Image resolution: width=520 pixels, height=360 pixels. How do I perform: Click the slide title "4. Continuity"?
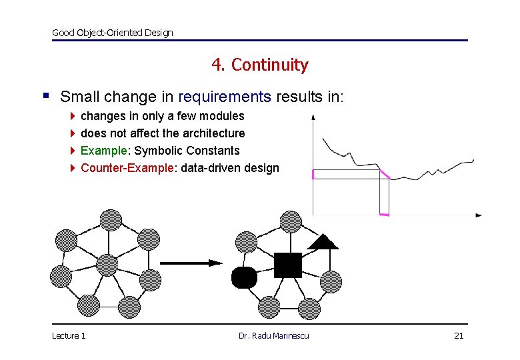[259, 65]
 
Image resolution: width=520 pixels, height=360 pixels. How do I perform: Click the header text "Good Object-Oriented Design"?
[112, 33]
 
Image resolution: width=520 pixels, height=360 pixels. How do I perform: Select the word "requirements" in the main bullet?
[225, 97]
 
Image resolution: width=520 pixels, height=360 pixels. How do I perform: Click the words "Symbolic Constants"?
[187, 151]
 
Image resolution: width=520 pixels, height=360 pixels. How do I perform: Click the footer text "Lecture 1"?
[69, 335]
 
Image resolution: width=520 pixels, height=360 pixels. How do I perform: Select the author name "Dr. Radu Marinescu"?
[273, 335]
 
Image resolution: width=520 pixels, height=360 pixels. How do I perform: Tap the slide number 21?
[458, 335]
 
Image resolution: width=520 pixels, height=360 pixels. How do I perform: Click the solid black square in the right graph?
[287, 265]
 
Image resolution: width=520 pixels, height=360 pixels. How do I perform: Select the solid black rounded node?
[244, 277]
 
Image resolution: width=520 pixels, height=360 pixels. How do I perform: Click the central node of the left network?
[107, 265]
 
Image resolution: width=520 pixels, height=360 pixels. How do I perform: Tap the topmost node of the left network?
[110, 219]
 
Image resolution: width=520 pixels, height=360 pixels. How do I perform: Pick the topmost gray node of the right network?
[291, 221]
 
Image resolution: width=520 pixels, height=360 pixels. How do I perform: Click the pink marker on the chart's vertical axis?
[313, 175]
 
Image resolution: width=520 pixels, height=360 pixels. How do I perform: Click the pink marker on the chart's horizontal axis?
[383, 214]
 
